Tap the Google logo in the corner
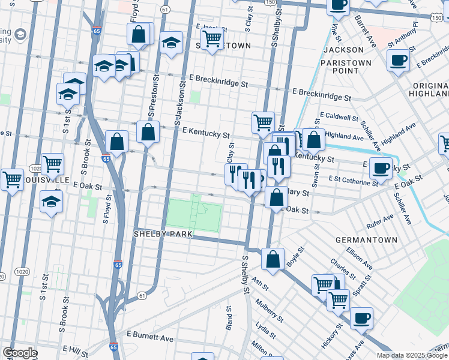(x=20, y=353)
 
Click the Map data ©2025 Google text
(x=412, y=355)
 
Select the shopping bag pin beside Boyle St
(x=273, y=259)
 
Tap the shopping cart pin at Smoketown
(x=212, y=39)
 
